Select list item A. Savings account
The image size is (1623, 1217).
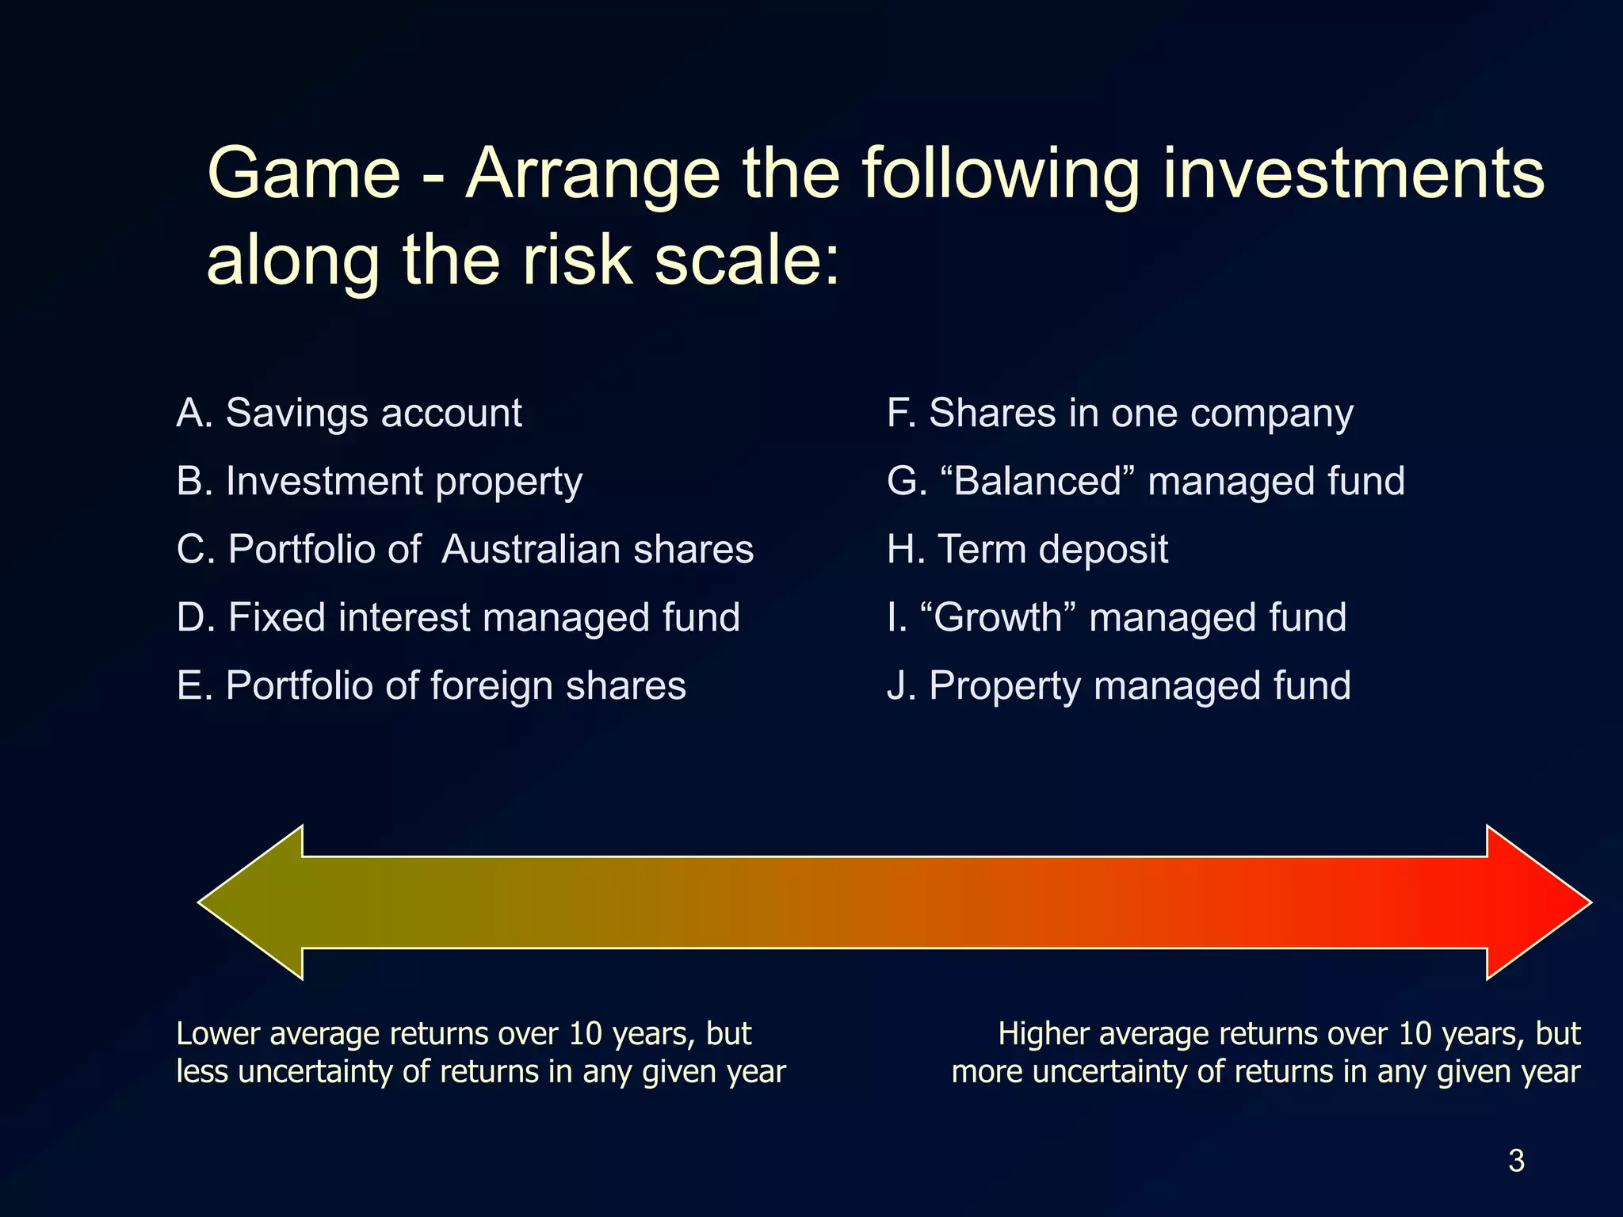(x=349, y=414)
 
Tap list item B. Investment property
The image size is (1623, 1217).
(x=379, y=482)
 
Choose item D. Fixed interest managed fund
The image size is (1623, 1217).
(x=458, y=618)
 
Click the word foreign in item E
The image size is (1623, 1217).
(x=491, y=686)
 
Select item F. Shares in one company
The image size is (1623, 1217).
(x=1120, y=414)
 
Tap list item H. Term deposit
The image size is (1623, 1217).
(x=1027, y=549)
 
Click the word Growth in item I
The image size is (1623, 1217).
(x=998, y=618)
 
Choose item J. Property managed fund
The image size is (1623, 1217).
(x=1118, y=686)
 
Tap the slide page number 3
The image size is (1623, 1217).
(x=1516, y=1161)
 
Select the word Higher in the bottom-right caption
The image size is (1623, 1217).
(x=1043, y=1034)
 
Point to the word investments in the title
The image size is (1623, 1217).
(x=1353, y=174)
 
